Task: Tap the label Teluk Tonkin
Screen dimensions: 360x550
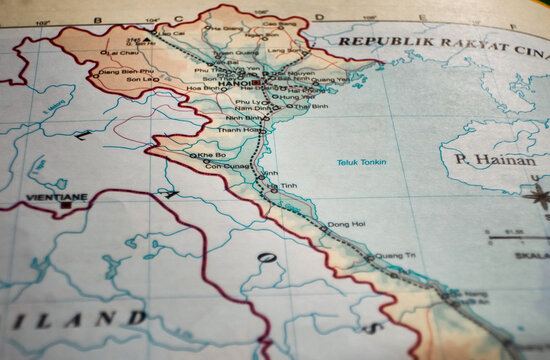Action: tap(360, 162)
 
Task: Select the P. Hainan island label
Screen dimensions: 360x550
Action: tap(495, 159)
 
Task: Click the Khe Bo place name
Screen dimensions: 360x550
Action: tap(212, 155)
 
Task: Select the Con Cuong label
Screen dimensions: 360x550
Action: tap(226, 166)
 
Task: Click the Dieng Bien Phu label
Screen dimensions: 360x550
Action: tap(124, 71)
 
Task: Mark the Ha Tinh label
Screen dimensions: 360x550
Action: tap(284, 186)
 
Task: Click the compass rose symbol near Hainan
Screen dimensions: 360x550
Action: tap(539, 195)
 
